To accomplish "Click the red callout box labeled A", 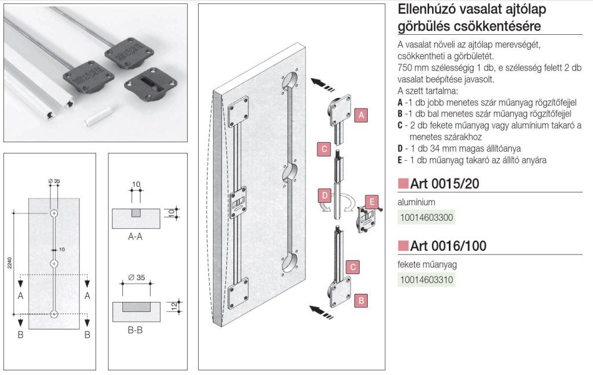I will [361, 115].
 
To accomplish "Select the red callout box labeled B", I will [360, 300].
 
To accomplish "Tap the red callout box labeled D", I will [324, 194].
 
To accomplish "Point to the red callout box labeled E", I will [373, 202].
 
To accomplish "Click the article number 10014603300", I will [426, 218].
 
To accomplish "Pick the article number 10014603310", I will [426, 280].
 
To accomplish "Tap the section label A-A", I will [135, 237].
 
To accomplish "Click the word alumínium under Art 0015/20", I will [416, 202].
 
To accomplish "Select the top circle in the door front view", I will [54, 213].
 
